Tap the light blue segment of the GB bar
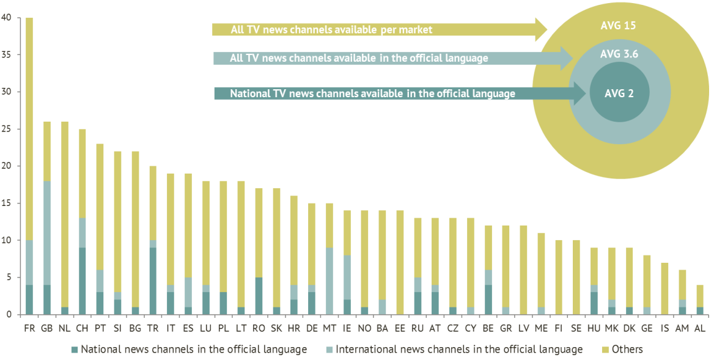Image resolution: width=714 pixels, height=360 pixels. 47,233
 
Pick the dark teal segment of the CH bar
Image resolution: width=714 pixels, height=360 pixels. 82,281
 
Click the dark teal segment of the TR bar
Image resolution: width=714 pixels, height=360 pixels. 153,281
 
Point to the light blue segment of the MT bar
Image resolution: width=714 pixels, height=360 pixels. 329,281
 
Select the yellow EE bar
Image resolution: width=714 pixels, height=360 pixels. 400,262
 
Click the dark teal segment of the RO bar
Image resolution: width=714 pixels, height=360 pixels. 259,296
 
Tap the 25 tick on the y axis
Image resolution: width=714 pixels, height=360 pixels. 7,129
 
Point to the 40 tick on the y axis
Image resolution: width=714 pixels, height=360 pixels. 7,18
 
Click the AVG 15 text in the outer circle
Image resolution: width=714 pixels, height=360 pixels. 619,26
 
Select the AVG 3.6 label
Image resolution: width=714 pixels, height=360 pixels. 619,54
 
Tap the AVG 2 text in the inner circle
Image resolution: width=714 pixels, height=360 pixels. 619,94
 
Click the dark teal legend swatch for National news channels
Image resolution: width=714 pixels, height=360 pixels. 75,350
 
